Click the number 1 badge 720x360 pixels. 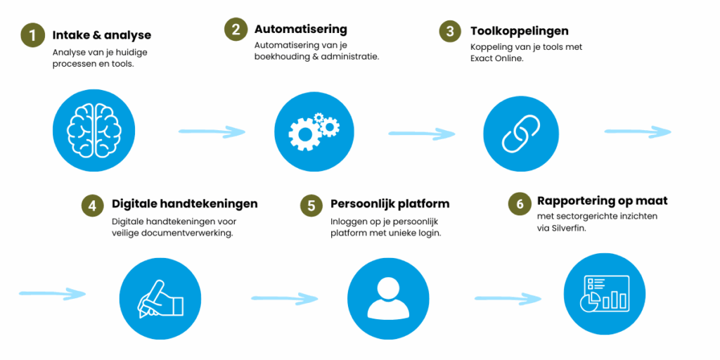click(x=33, y=35)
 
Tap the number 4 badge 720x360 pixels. click(x=94, y=206)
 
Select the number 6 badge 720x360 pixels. click(x=520, y=204)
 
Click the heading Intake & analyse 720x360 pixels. click(x=101, y=35)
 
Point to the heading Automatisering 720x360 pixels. click(x=301, y=30)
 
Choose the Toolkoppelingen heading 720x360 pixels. click(x=520, y=31)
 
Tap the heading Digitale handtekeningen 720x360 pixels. click(x=185, y=203)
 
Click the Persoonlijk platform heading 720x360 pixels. click(x=390, y=203)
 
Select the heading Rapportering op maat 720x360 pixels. click(x=602, y=200)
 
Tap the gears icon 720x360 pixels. click(x=314, y=129)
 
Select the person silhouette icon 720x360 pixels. click(x=388, y=299)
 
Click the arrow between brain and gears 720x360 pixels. click(x=212, y=132)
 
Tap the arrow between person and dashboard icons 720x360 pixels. click(x=508, y=298)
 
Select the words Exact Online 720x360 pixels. click(x=497, y=59)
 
